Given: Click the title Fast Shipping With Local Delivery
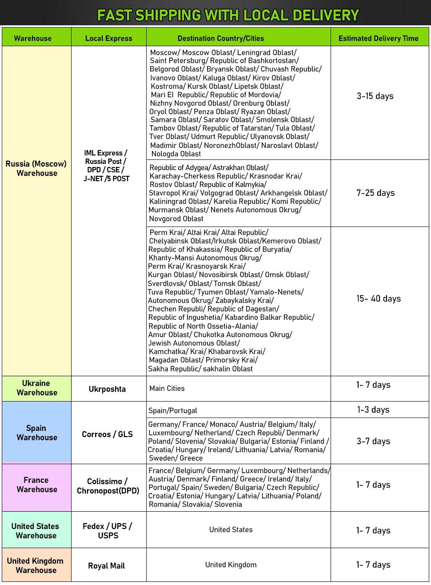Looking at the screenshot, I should tap(227, 16).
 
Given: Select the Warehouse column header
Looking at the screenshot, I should tap(33, 38).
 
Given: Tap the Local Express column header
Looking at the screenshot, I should tap(109, 38).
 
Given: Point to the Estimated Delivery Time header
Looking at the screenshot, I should tap(378, 38).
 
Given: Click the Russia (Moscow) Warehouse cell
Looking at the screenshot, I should tap(36, 168).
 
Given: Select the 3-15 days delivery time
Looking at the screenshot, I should tap(375, 96).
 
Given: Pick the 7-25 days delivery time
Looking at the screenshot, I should tap(375, 193).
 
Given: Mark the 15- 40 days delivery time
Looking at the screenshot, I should tap(379, 298).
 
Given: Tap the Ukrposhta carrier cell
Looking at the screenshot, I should tap(107, 389).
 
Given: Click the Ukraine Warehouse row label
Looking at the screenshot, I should tap(36, 388).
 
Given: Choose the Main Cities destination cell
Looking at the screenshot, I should tap(167, 388).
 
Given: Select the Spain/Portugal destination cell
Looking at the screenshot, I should tap(173, 410).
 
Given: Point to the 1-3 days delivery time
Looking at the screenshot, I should tap(373, 410).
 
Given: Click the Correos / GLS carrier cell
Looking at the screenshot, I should tap(107, 434).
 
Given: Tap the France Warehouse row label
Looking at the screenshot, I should tap(36, 485).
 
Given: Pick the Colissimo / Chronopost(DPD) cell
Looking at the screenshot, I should tap(108, 486).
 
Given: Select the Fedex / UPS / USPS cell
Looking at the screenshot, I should tap(108, 530).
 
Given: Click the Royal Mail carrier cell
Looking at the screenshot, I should tap(106, 565).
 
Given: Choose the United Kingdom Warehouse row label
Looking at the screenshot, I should tap(36, 565).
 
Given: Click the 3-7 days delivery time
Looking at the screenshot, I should tap(373, 441).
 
